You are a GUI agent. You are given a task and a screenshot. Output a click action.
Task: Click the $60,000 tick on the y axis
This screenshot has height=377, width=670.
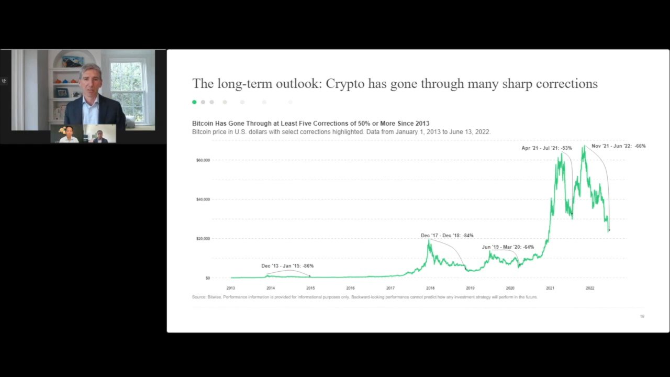point(203,160)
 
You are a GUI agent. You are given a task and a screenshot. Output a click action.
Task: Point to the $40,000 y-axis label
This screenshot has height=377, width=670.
point(203,199)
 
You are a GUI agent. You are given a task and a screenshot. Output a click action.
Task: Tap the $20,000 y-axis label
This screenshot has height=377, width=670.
point(203,239)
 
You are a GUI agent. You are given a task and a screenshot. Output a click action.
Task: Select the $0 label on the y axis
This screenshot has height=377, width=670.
point(207,278)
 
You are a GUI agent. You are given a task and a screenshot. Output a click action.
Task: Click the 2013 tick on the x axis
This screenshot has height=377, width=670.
point(231,288)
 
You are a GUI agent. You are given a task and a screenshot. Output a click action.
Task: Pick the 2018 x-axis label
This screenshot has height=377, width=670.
point(430,288)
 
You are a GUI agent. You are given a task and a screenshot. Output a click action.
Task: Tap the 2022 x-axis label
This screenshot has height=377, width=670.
point(590,288)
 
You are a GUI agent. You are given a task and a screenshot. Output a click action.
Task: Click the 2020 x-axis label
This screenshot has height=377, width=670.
point(510,288)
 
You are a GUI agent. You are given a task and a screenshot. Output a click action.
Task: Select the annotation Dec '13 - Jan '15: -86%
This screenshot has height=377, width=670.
point(287,266)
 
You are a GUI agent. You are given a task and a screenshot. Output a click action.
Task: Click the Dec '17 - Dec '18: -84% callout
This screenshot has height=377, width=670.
point(447,236)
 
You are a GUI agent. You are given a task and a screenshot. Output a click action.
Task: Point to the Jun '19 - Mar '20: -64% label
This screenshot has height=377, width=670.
point(508,247)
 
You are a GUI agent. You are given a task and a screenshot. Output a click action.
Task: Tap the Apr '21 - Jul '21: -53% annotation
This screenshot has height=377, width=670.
point(546,148)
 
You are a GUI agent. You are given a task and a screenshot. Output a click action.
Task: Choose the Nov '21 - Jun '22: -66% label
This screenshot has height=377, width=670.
point(618,146)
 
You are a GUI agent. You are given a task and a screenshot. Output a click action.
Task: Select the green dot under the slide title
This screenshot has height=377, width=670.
point(194,102)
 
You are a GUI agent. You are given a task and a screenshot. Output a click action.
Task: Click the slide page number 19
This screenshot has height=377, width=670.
point(642,316)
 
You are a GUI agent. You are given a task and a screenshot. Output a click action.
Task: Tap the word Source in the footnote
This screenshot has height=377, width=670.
point(199,297)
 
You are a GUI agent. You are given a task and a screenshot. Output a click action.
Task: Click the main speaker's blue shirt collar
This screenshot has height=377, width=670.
point(90,99)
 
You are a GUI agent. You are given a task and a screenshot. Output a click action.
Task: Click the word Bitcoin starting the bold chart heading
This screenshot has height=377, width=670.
point(204,124)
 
